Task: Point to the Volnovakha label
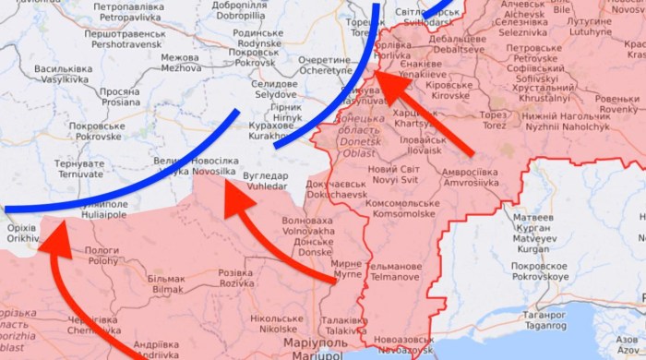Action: tap(307, 227)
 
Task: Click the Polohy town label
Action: tap(102, 256)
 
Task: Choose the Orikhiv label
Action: tap(20, 232)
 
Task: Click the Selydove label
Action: tap(274, 90)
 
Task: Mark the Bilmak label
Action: tap(167, 283)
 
